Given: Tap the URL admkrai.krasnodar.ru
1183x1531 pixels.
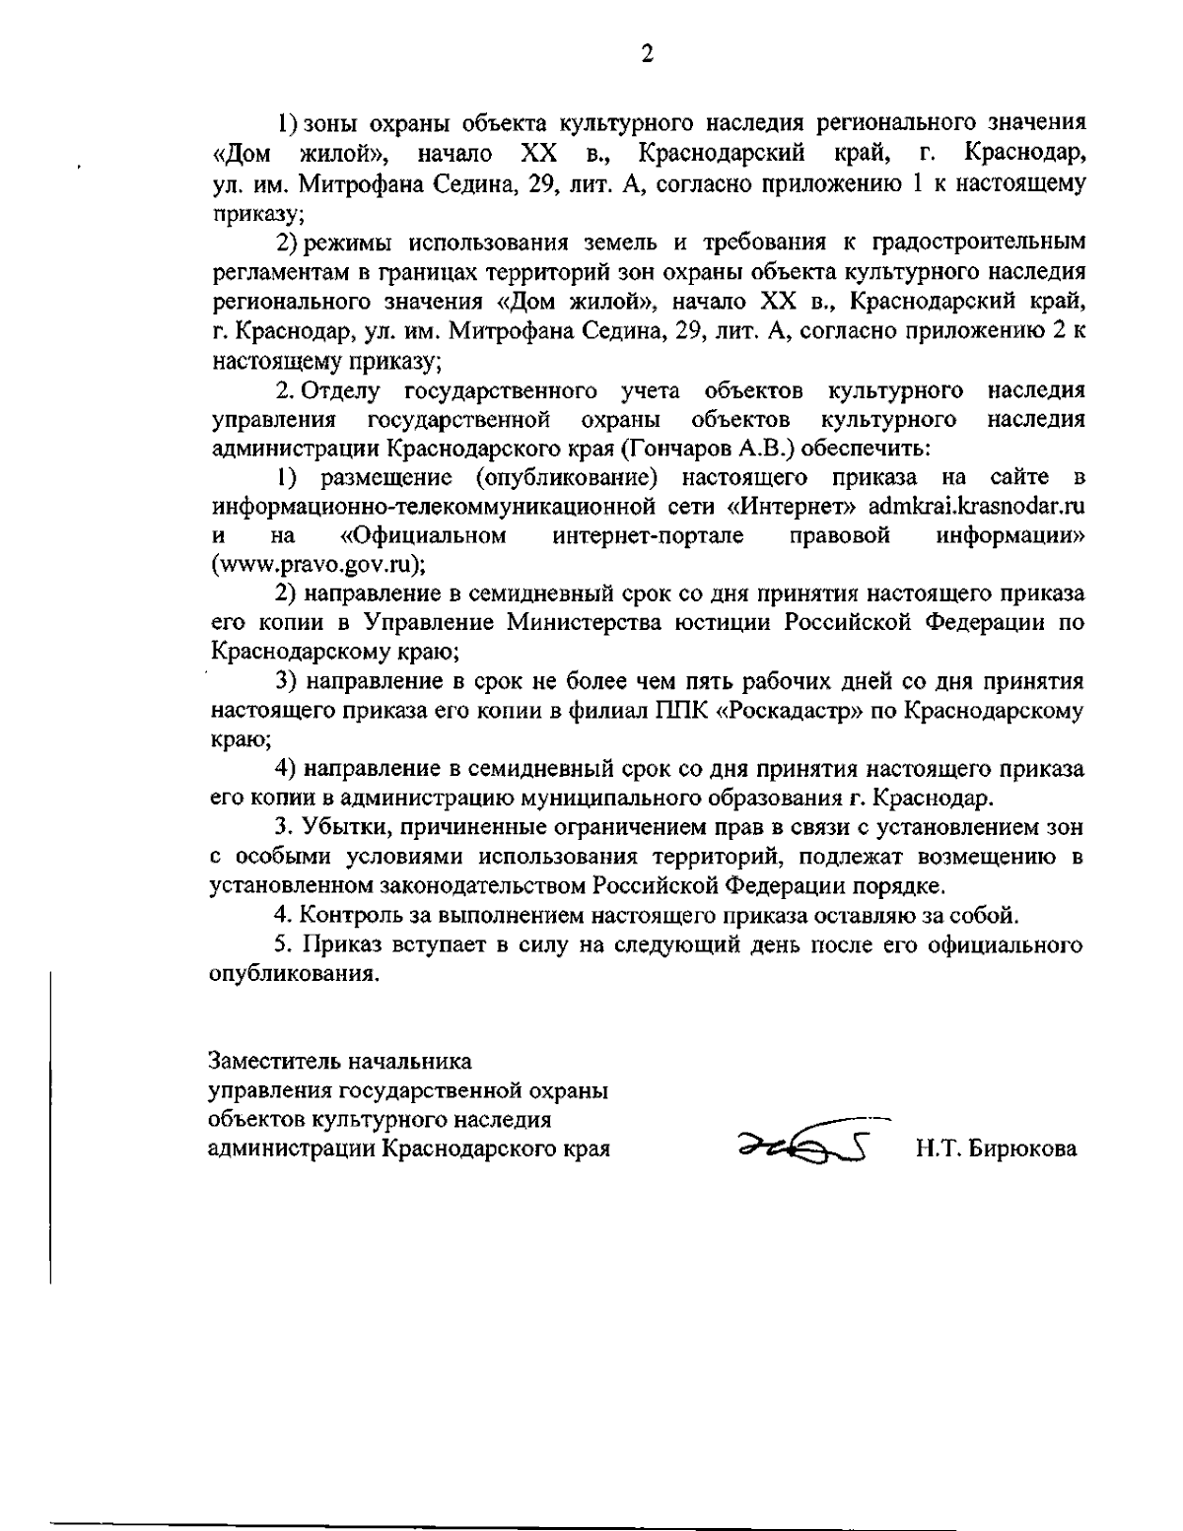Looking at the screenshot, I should pos(977,507).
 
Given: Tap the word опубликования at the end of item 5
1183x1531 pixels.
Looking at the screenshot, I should pos(295,974).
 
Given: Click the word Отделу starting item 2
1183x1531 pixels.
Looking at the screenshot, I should pos(341,391).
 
